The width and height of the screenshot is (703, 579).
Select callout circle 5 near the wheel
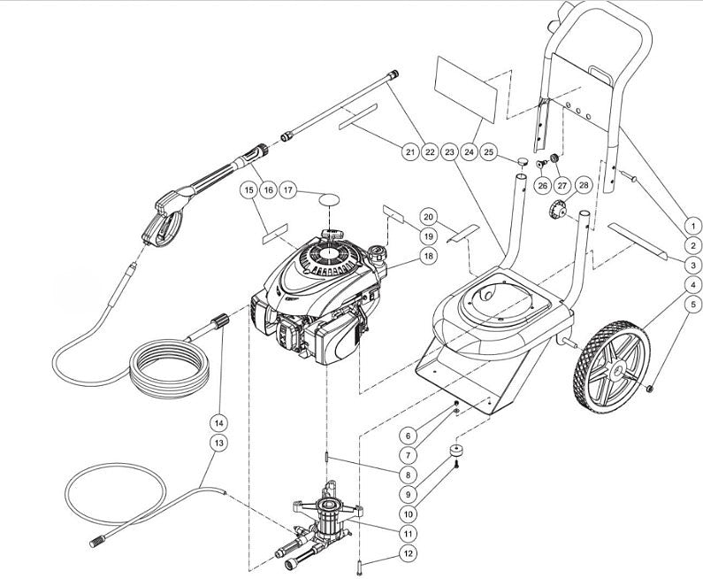[692, 305]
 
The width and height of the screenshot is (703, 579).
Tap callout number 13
[218, 441]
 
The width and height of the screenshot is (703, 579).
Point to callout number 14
[218, 421]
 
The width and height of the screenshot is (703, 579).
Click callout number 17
[287, 190]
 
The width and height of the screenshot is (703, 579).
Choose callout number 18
[429, 256]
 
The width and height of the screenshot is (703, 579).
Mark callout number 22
[430, 152]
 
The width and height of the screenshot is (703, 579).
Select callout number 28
[582, 185]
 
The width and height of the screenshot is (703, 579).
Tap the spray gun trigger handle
[159, 221]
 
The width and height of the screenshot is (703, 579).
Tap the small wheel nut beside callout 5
[650, 387]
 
